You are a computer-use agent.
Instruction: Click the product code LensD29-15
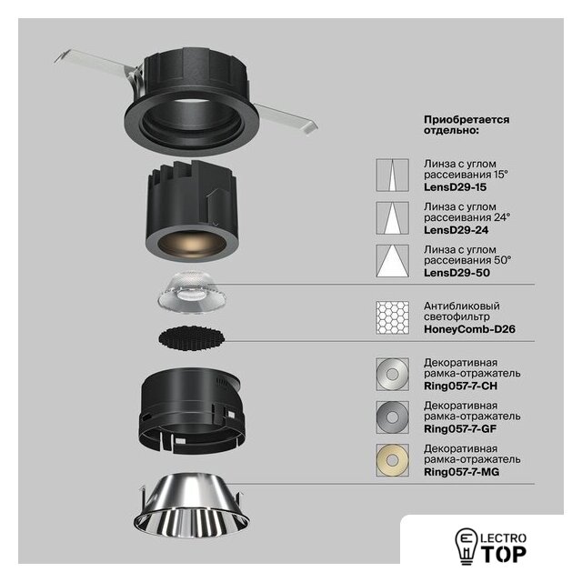click(455, 187)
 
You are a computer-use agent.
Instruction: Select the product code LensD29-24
click(456, 230)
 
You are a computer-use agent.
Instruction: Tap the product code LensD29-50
click(457, 273)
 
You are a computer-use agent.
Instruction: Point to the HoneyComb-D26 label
click(469, 329)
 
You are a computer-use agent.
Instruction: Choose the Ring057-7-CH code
click(460, 386)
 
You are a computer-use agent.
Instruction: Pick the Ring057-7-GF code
click(460, 429)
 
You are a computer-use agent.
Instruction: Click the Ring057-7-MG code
click(461, 472)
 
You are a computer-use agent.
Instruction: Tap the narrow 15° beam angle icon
click(392, 176)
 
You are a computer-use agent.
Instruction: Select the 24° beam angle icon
click(392, 218)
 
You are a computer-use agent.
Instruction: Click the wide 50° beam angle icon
click(392, 261)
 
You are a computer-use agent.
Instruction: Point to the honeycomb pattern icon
click(392, 317)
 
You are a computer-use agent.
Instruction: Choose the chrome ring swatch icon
click(392, 374)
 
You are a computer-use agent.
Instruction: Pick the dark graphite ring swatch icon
click(392, 417)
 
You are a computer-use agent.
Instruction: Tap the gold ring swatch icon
click(392, 460)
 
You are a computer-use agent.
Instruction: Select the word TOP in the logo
click(504, 555)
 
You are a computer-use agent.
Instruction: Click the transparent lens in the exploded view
click(192, 290)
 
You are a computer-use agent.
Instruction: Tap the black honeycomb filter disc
click(192, 338)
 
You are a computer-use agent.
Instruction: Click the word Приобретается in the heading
click(467, 120)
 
